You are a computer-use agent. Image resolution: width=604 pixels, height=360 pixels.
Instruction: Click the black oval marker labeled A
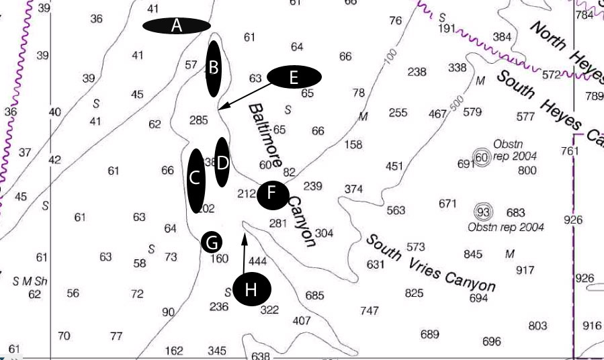click(177, 26)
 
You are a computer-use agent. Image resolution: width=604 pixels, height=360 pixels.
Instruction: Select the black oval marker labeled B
click(214, 68)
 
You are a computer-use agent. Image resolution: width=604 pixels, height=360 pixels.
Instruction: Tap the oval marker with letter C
click(196, 179)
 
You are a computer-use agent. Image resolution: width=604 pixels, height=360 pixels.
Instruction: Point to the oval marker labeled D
click(222, 162)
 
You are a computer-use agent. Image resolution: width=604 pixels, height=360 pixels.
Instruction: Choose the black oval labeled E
click(294, 77)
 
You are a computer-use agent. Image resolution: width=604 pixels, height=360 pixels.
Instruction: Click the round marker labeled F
click(273, 193)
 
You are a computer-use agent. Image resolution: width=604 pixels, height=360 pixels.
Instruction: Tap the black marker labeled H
click(251, 289)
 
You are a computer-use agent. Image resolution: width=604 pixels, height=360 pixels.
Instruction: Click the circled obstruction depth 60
click(481, 157)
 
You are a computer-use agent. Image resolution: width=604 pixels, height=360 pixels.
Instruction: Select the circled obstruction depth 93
click(481, 213)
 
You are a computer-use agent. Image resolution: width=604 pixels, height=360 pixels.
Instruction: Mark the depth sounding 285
click(199, 120)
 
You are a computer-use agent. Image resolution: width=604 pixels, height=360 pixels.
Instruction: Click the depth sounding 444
click(259, 261)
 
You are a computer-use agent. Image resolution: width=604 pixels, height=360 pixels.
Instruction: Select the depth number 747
click(370, 310)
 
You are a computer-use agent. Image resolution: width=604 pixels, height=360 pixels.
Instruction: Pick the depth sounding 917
click(525, 270)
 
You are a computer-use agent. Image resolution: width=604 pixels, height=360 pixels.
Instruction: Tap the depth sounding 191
click(447, 29)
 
